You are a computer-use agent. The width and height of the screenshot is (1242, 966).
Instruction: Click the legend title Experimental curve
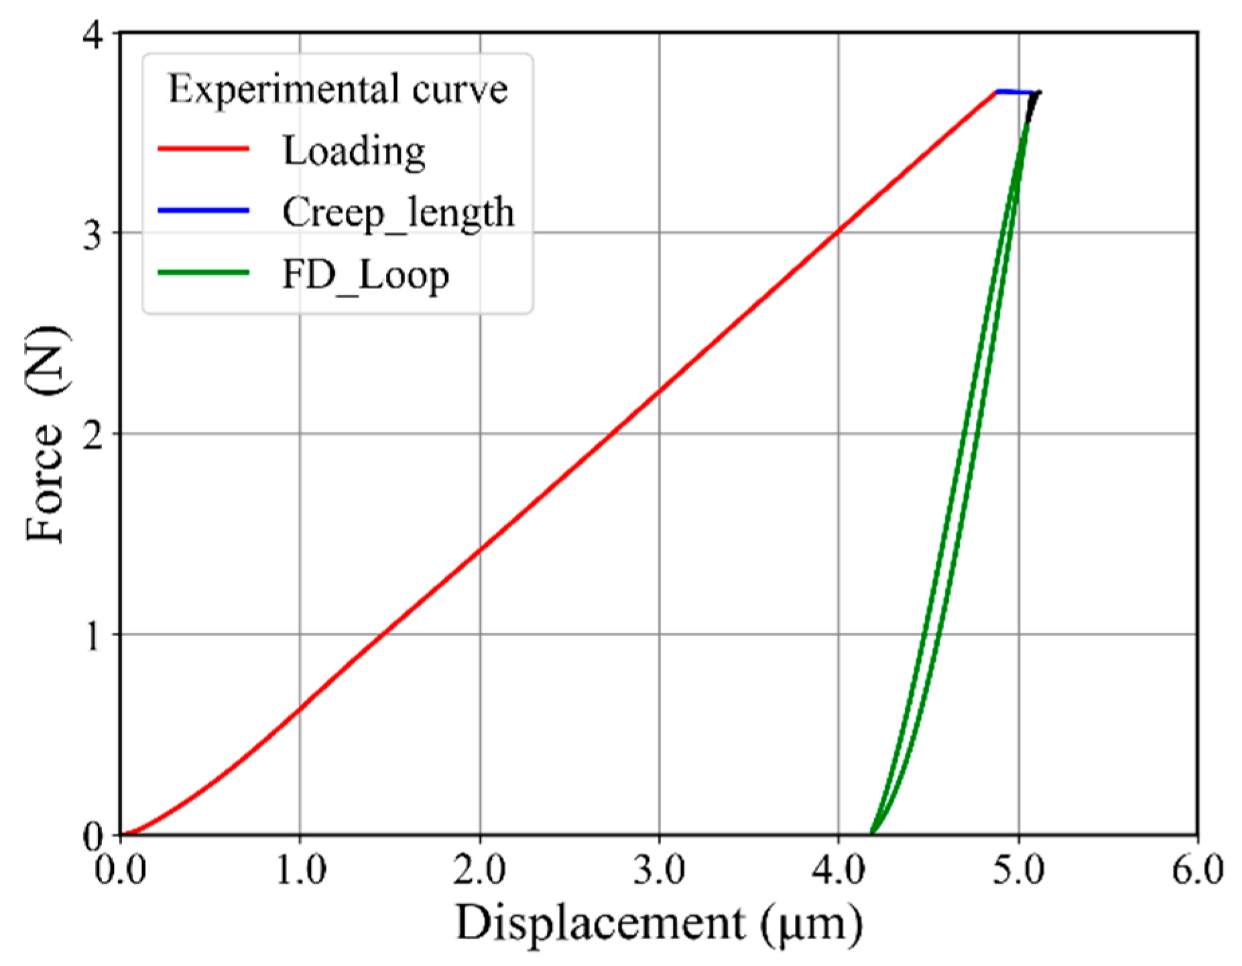337,90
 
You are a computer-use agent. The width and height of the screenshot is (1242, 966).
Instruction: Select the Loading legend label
353,151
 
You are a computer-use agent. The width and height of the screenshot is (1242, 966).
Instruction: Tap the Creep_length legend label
398,213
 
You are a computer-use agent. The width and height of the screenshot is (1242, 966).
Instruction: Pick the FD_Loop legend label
365,275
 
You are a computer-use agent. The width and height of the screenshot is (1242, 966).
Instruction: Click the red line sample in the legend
203,148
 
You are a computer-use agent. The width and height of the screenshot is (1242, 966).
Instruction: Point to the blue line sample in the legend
203,210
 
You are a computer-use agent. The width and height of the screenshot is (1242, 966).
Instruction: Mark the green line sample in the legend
203,272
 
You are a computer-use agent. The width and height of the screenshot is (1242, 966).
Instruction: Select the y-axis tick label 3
94,234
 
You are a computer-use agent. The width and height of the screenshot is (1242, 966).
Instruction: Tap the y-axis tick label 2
94,435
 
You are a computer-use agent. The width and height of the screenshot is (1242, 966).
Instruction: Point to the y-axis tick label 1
94,635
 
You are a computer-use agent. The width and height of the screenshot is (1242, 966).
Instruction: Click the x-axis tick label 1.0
301,870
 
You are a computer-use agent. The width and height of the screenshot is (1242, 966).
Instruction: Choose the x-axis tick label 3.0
660,870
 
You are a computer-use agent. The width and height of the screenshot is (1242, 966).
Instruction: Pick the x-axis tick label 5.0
1019,870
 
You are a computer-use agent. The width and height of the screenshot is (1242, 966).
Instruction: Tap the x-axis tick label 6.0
1197,870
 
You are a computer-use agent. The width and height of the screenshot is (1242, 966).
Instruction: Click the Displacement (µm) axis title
659,924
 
